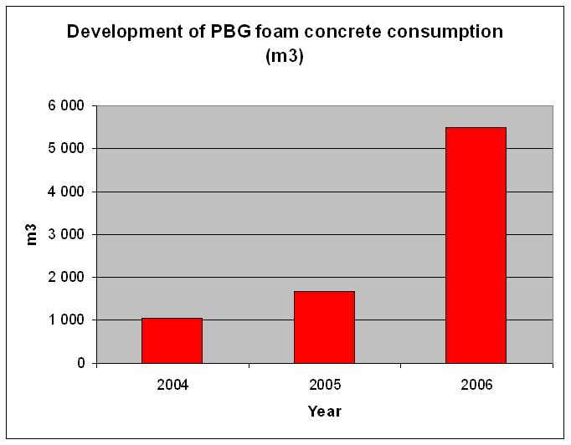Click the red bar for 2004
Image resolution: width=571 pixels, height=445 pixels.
click(172, 340)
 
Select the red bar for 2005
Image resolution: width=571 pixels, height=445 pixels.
click(324, 327)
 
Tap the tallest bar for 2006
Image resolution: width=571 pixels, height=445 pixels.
click(476, 245)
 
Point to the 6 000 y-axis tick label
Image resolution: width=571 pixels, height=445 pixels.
click(68, 106)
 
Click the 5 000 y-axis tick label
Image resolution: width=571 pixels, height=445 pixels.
click(68, 149)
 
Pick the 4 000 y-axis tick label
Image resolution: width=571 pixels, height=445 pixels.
click(68, 192)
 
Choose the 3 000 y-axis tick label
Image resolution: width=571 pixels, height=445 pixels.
click(68, 234)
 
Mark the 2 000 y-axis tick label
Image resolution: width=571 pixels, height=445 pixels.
click(68, 277)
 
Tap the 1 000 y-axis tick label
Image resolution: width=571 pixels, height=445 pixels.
click(68, 320)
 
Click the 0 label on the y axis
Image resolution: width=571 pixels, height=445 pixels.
click(81, 363)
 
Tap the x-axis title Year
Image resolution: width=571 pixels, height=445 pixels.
click(323, 411)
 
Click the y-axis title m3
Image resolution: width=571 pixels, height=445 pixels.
click(33, 235)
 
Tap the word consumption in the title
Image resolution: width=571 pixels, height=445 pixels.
click(444, 32)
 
